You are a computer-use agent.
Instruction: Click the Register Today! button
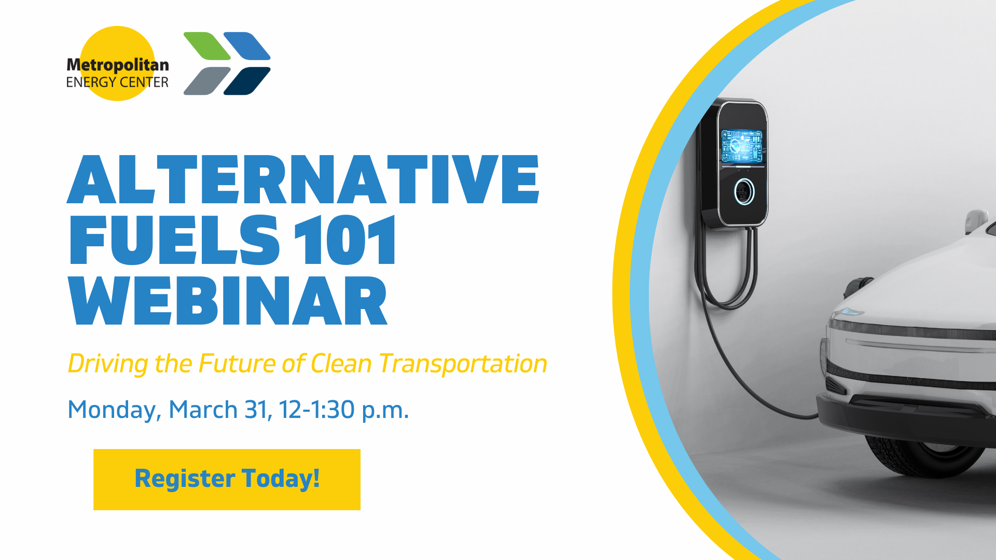(227, 479)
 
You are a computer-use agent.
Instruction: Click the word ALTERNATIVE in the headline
(303, 179)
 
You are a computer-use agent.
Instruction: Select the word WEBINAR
(228, 301)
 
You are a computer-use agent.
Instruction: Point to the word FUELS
(174, 240)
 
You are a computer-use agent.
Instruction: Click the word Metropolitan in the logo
(118, 65)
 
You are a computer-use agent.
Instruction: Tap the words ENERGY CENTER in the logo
(117, 82)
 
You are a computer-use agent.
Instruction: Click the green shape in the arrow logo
(207, 46)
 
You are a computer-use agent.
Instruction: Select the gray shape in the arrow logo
(207, 81)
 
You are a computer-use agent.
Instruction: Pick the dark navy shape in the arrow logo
(247, 81)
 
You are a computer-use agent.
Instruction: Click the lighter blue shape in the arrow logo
(247, 46)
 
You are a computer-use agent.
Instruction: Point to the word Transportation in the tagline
(463, 363)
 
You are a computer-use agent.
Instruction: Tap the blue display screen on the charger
(742, 146)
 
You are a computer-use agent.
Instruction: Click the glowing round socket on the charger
(744, 192)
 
